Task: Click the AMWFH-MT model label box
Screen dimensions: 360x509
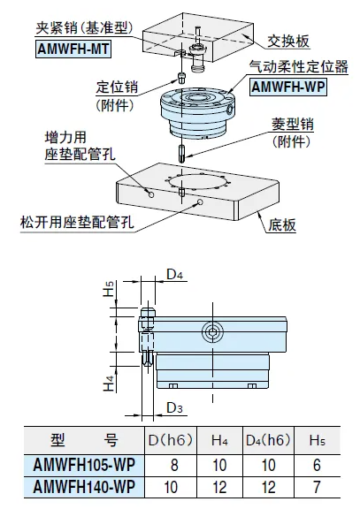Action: (73, 49)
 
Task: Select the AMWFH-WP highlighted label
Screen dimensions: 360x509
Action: (287, 87)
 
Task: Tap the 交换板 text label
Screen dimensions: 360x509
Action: (288, 42)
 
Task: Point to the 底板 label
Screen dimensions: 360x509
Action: (282, 225)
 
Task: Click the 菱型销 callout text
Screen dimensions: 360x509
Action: (293, 125)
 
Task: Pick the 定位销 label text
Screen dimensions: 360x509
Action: (117, 87)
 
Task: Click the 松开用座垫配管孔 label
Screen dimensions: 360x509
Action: (77, 223)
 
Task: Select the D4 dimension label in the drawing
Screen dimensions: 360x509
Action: (175, 275)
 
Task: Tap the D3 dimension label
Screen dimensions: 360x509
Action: (175, 407)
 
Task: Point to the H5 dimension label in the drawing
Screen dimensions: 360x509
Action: (109, 289)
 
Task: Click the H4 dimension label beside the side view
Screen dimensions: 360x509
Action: (109, 383)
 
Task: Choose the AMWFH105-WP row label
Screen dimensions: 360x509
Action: (84, 465)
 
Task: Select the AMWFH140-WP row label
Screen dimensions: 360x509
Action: (84, 487)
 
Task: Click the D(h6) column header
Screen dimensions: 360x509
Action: (171, 440)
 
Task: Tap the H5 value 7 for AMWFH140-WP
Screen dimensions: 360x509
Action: (318, 487)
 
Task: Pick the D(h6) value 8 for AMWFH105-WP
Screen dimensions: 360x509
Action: (174, 465)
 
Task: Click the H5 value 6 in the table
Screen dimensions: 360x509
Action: (318, 465)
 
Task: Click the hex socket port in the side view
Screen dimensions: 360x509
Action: (212, 332)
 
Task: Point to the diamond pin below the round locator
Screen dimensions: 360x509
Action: (182, 154)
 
